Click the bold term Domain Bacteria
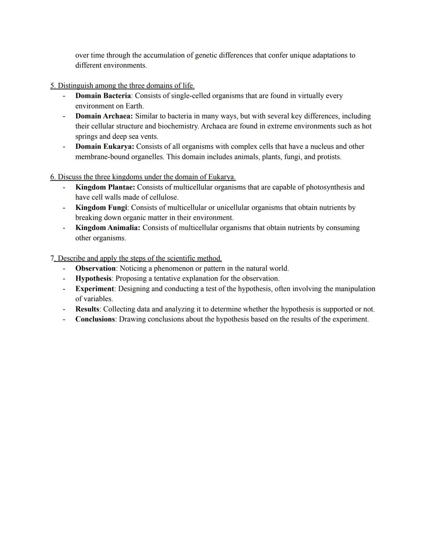pos(103,96)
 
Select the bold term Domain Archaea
pos(104,116)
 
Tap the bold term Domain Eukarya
pos(104,146)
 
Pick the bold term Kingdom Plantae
pos(105,187)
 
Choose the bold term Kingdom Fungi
pos(101,207)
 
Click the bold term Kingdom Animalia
pos(108,228)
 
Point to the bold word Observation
pos(95,268)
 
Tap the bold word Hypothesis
pos(94,278)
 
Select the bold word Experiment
pos(94,289)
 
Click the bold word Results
pos(87,309)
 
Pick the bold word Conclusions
pos(95,319)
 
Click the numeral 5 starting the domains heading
pos(52,86)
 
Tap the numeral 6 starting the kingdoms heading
pos(52,177)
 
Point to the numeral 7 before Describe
pos(52,258)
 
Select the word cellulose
pos(163,197)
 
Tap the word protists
pos(328,157)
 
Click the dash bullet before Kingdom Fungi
pos(64,207)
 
